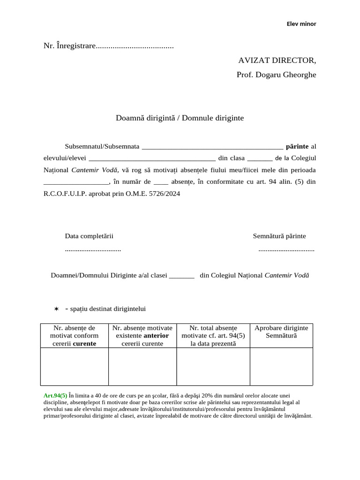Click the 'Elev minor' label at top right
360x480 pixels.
tap(301, 24)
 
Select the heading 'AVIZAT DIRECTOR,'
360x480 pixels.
tap(277, 60)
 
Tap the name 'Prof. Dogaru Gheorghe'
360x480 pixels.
tap(276, 75)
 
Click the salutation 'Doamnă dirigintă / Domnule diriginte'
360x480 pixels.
tap(180, 118)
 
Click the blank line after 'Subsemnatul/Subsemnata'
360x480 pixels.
tap(212, 147)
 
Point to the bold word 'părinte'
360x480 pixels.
tap(297, 146)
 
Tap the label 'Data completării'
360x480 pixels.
tap(89, 236)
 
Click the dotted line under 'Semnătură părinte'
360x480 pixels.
tap(286, 250)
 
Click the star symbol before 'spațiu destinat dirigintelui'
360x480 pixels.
tap(56, 309)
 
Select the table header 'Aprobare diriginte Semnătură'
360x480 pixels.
tap(281, 332)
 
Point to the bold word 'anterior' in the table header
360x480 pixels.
tap(156, 336)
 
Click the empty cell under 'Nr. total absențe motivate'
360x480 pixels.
tap(213, 366)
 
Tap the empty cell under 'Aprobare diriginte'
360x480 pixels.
tap(281, 366)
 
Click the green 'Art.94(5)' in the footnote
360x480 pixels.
tap(55, 396)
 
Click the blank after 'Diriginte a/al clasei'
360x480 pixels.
tap(181, 276)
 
